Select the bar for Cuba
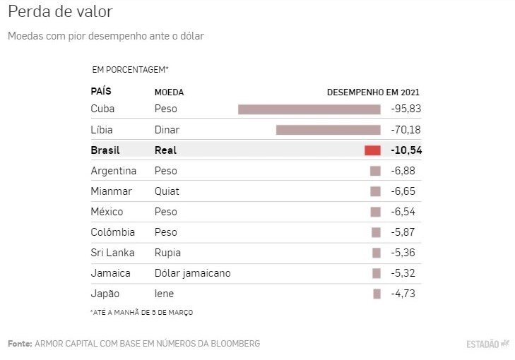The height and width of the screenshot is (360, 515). [309, 109]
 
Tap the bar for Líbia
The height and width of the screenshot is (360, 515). [328, 130]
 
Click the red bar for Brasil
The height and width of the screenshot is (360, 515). [372, 150]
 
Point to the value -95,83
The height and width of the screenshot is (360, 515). [406, 109]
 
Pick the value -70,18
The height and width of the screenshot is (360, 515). [406, 130]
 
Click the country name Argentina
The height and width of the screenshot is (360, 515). [114, 171]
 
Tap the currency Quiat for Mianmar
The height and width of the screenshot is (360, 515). [167, 191]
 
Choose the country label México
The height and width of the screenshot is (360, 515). [107, 212]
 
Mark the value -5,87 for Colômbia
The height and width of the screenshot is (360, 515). [406, 232]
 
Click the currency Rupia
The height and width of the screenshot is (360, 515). [167, 253]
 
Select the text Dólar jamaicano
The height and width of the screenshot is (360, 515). [192, 273]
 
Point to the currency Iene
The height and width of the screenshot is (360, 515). [164, 294]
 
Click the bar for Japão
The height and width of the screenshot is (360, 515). [377, 294]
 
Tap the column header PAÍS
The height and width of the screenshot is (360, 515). [101, 92]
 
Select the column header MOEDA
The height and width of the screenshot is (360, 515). [169, 92]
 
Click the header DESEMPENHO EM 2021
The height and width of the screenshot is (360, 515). [373, 92]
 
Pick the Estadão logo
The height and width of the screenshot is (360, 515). [487, 344]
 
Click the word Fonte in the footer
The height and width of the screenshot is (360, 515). [19, 344]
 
